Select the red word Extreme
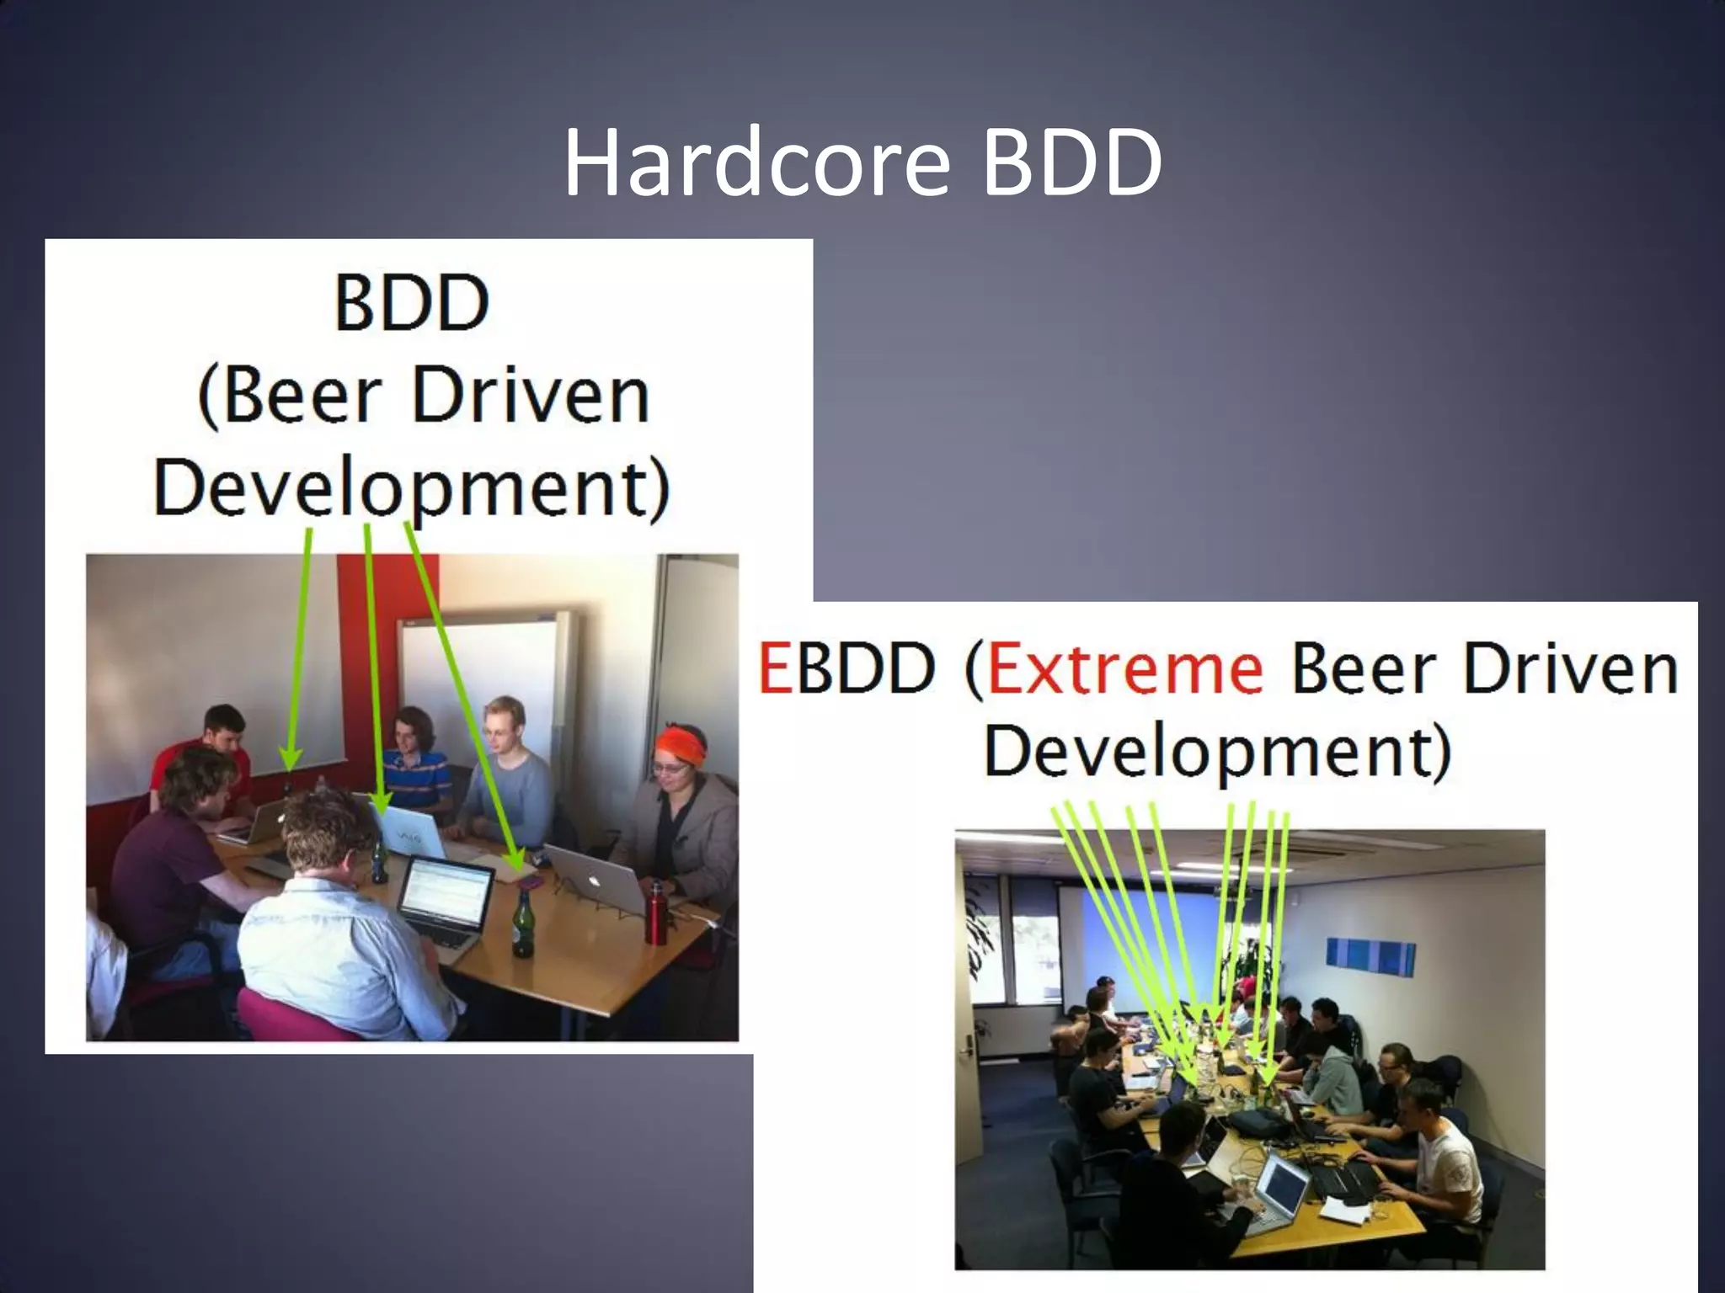[1124, 669]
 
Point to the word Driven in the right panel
[1570, 669]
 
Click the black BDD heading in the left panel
[411, 303]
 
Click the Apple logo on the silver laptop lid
[593, 881]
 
